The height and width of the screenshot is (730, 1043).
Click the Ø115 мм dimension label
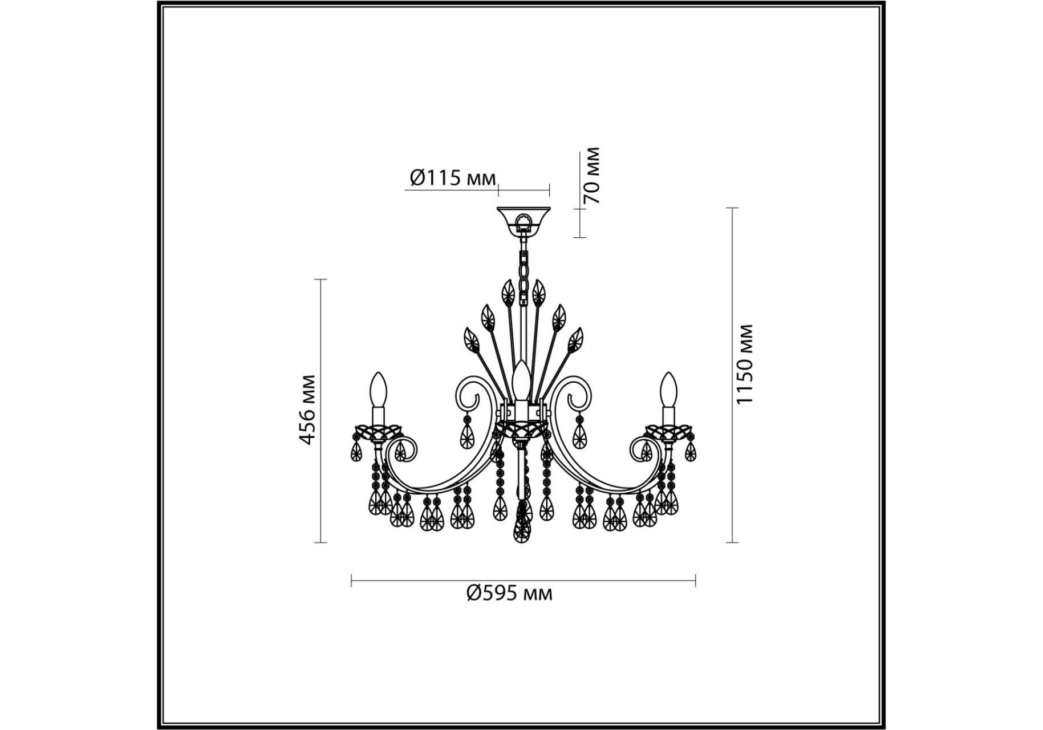click(x=453, y=179)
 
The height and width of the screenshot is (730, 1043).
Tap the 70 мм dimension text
click(x=592, y=176)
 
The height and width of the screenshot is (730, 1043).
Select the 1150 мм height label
click(x=745, y=364)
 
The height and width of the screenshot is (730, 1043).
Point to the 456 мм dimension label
click(x=307, y=409)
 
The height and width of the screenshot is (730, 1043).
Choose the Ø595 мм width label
click(x=509, y=594)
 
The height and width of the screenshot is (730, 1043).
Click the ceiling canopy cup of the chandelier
click(x=523, y=221)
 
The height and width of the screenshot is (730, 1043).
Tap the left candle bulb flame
click(x=379, y=389)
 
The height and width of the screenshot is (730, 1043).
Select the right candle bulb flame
click(x=668, y=389)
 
